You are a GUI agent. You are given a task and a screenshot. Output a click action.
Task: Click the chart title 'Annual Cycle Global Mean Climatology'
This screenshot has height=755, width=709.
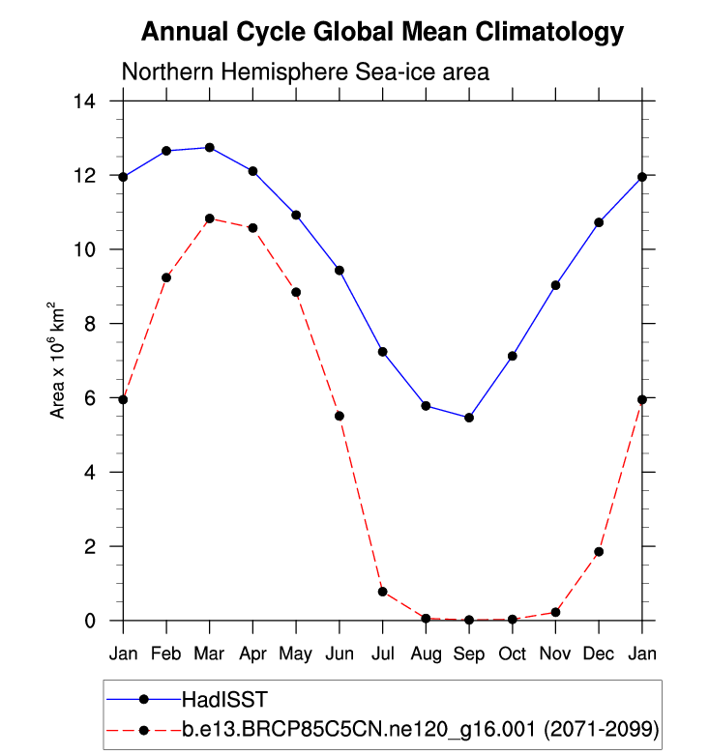[x=382, y=32]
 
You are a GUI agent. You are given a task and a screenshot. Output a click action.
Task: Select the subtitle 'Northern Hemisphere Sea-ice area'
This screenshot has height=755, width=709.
[x=305, y=72]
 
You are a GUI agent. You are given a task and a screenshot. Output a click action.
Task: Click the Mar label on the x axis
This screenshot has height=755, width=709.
[x=209, y=653]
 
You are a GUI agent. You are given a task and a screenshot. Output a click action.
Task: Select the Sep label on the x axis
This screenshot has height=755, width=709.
[x=469, y=653]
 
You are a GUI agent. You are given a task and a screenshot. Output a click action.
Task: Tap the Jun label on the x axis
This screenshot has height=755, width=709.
[x=340, y=653]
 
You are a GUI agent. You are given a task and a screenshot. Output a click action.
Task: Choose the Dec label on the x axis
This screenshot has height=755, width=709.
[x=599, y=653]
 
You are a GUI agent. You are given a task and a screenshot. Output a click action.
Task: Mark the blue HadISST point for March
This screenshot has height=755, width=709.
[x=210, y=147]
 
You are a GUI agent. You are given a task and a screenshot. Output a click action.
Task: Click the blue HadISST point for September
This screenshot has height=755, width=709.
[x=469, y=418]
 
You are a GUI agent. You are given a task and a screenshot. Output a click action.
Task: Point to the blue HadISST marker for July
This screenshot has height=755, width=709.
[x=383, y=351]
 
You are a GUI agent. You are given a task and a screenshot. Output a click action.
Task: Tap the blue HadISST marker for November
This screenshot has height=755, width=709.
[x=556, y=285]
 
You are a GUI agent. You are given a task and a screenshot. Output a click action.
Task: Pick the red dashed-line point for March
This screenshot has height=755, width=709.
[x=210, y=218]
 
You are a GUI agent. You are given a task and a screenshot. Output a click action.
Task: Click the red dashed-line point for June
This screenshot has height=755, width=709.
[x=340, y=416]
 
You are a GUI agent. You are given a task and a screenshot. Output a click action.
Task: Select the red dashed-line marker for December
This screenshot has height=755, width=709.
[x=599, y=552]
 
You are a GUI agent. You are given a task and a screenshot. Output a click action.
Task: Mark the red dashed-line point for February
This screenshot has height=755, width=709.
[x=166, y=277]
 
